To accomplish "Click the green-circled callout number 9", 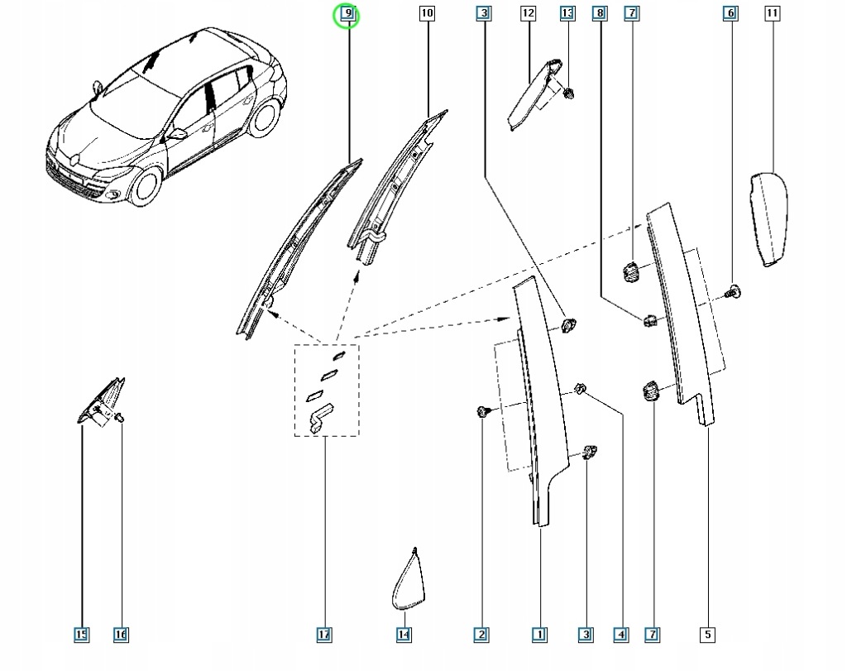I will click(348, 14).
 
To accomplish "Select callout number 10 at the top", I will click(427, 13).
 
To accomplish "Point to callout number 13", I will click(567, 13).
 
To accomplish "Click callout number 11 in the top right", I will click(772, 13).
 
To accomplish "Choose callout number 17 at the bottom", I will click(324, 635).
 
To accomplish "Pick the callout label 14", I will click(404, 635).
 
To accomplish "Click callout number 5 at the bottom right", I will click(708, 635).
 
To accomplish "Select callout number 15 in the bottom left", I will click(81, 635).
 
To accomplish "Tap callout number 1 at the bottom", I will click(539, 635).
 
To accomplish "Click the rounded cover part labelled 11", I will click(768, 218).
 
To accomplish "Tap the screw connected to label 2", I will click(482, 411).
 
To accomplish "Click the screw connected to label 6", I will click(733, 290).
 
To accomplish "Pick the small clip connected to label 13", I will click(568, 93).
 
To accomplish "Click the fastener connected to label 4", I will click(581, 388).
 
